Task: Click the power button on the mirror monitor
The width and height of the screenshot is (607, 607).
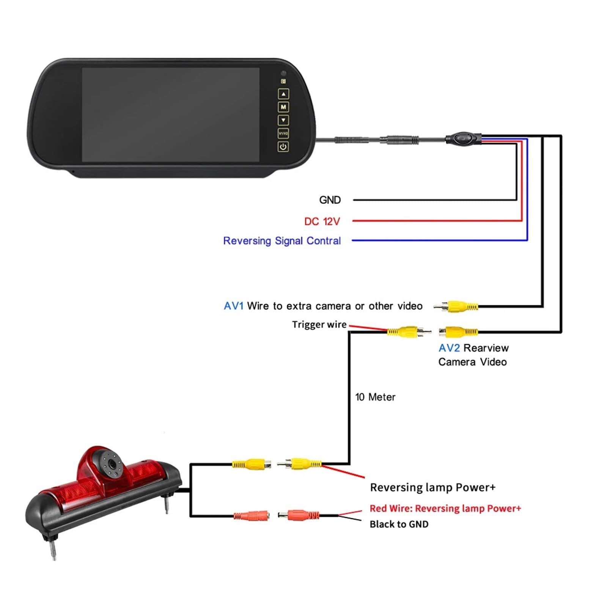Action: pos(283,146)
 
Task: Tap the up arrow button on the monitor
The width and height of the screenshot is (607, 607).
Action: pos(283,94)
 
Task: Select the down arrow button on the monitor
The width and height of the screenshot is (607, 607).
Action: pos(283,120)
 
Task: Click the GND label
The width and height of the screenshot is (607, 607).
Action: pos(330,200)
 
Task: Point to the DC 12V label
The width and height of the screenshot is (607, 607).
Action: pos(322,221)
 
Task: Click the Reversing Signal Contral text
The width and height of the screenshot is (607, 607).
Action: pos(282,241)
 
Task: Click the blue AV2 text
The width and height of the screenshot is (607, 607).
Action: pos(449,348)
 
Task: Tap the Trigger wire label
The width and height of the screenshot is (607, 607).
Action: pos(319,324)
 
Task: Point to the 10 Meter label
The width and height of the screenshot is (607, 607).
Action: pos(375,397)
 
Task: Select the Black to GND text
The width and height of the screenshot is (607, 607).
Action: pos(399,524)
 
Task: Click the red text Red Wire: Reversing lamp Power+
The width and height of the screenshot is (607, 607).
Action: pos(445,508)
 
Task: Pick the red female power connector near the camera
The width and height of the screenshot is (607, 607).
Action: pos(252,516)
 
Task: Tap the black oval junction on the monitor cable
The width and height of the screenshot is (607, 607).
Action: pos(463,138)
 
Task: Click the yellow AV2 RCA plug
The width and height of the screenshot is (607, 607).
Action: pos(458,332)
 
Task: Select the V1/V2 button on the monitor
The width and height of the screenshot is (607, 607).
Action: pos(283,134)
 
